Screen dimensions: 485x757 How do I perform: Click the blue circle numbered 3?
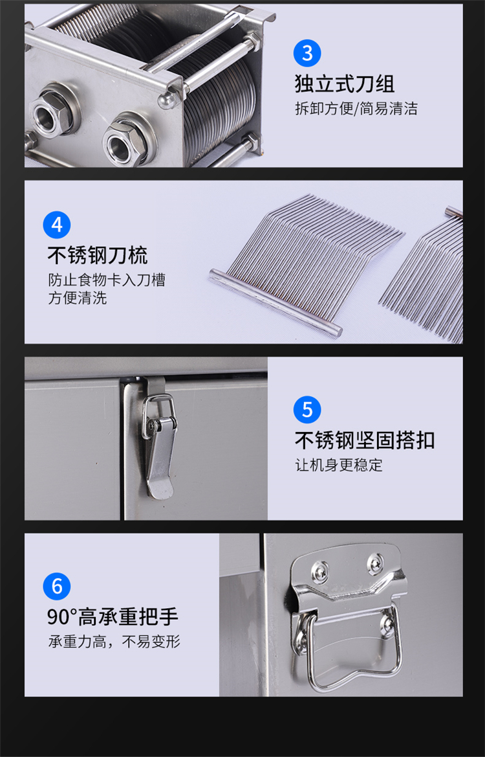point(307,52)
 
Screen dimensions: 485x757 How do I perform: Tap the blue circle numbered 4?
point(57,225)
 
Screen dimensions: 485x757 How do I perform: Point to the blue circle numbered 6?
point(57,586)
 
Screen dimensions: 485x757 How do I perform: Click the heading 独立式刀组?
point(345,84)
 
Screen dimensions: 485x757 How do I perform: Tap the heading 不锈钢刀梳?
point(98,255)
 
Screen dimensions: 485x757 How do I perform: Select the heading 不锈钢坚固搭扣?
point(365,440)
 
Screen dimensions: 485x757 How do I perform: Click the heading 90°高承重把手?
point(113,616)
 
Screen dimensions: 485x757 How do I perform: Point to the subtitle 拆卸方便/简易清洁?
point(356,108)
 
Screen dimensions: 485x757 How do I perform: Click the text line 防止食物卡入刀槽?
point(107,280)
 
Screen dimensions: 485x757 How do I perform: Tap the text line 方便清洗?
point(77,298)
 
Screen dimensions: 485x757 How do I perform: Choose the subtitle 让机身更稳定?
point(339,465)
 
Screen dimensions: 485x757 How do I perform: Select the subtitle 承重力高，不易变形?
point(114,642)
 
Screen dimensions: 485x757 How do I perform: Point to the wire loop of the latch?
point(158,415)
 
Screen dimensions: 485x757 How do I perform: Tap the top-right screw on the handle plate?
point(374,563)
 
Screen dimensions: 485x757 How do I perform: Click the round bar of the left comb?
point(275,302)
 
